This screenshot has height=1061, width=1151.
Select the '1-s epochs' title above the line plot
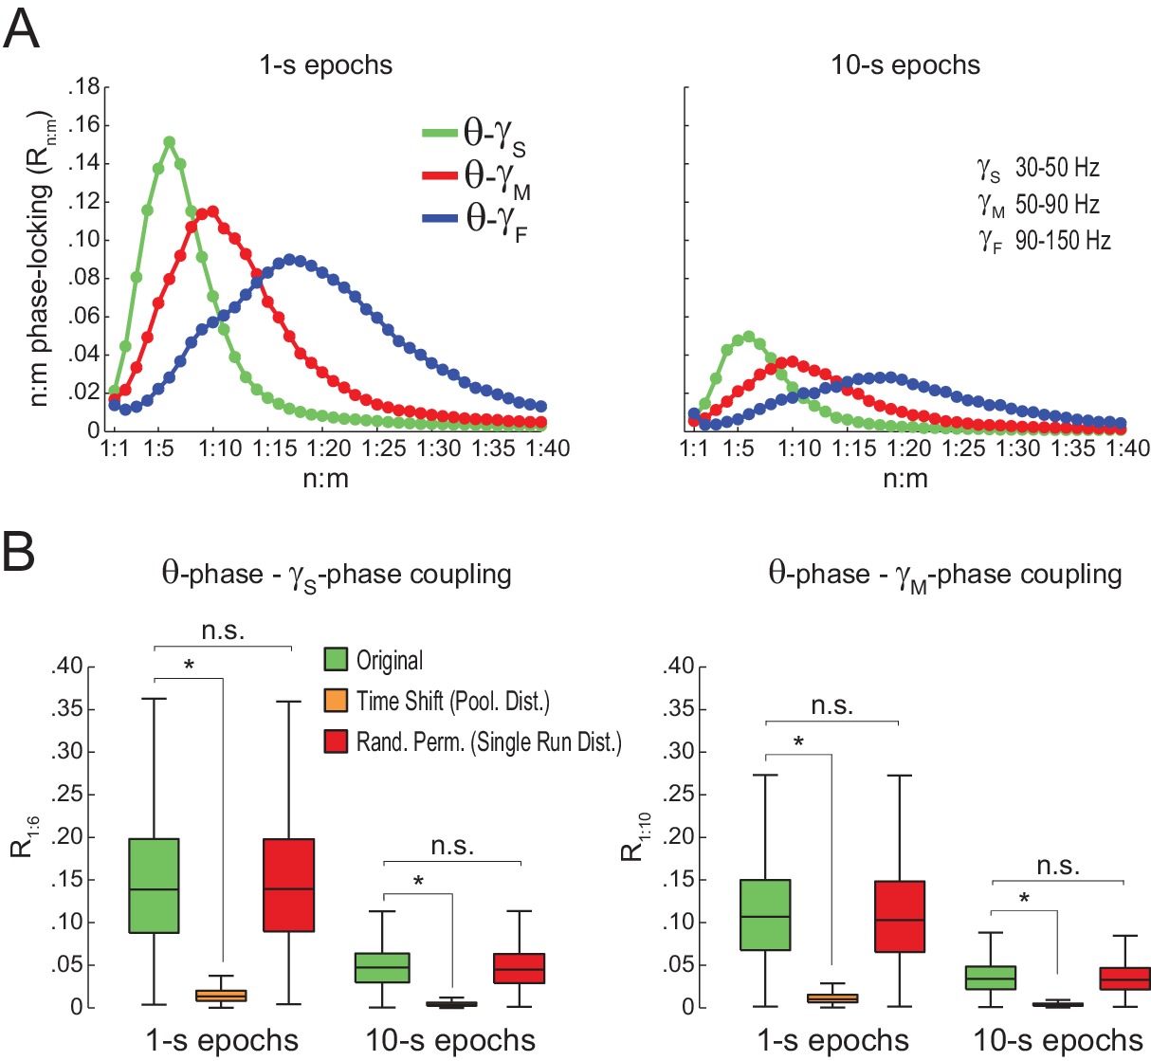[x=326, y=65]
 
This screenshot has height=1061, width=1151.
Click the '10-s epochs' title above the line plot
[x=905, y=65]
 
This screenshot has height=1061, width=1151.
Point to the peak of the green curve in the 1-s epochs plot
[x=169, y=142]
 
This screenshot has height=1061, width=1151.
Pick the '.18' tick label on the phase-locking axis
[x=83, y=88]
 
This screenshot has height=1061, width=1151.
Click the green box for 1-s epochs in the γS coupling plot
[x=154, y=886]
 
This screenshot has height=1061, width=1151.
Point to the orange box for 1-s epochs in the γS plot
[x=222, y=995]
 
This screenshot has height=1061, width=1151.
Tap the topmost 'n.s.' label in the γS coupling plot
[x=223, y=631]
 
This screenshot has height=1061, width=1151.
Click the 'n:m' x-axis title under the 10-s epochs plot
[x=905, y=479]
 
